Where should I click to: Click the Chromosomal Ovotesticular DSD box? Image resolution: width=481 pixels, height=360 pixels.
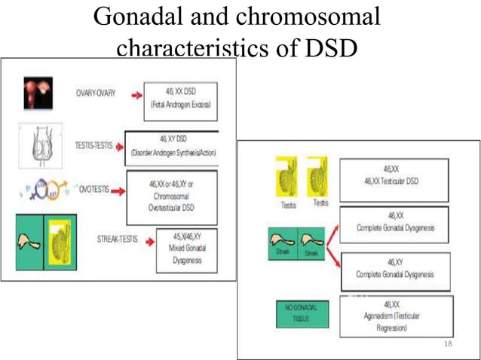171,197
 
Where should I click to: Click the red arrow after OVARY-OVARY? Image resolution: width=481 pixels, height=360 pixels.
136,96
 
